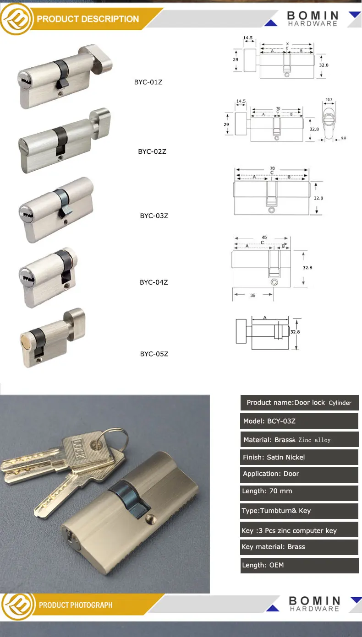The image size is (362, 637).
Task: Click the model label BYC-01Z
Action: (148, 82)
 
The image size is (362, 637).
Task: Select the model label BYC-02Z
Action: (152, 151)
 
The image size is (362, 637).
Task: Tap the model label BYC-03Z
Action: (154, 216)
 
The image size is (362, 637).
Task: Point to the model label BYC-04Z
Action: (154, 282)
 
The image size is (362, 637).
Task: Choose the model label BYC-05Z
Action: (154, 354)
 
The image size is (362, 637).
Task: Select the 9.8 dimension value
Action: (343, 138)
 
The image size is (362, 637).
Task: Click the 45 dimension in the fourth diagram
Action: (264, 238)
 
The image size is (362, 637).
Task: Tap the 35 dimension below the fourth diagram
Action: (252, 296)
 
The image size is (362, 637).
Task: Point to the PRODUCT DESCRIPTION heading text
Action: (88, 19)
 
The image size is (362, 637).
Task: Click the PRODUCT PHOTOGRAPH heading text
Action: (76, 605)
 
